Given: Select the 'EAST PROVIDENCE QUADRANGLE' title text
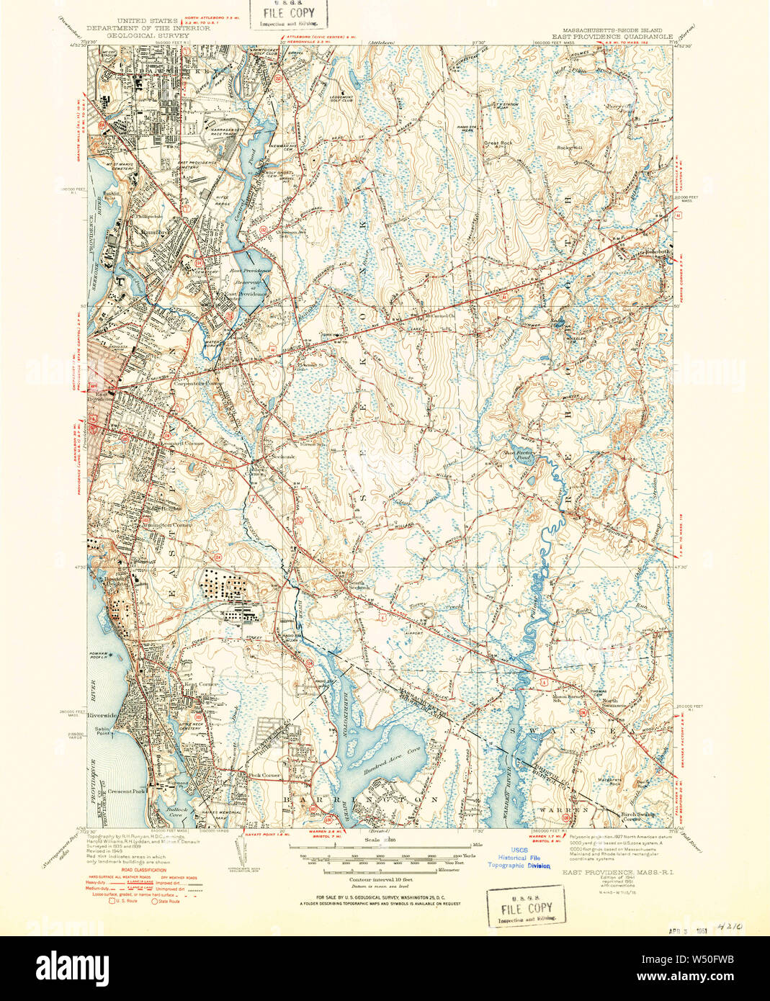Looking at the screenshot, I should [x=612, y=36].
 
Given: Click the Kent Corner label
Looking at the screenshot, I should [x=201, y=684].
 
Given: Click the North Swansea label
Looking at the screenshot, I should [x=609, y=704].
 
